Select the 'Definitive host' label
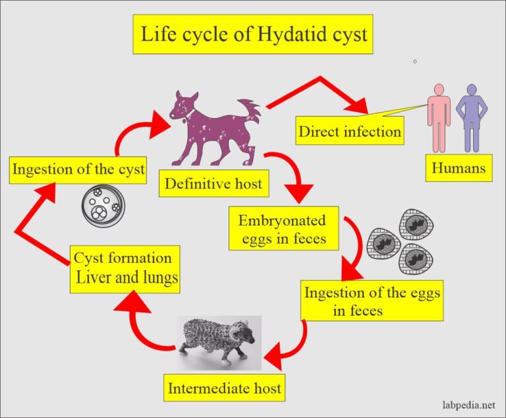coord(213,184)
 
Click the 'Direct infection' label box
coord(349,131)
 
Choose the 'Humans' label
coord(459,169)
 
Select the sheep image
coord(221,339)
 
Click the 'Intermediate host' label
coord(225,388)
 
